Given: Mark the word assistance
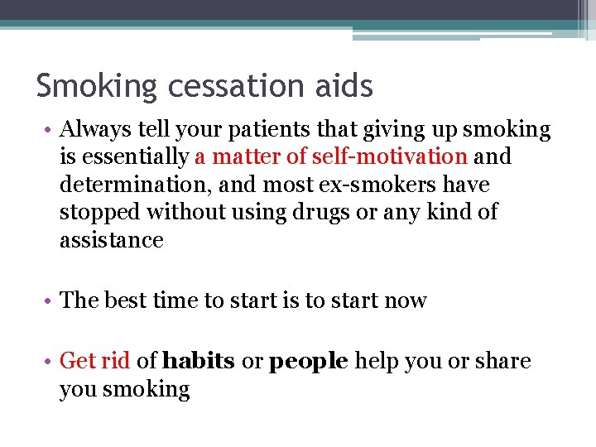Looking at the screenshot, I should point(112,240).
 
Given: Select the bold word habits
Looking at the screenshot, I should point(199,361).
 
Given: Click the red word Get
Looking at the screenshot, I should point(78,361).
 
